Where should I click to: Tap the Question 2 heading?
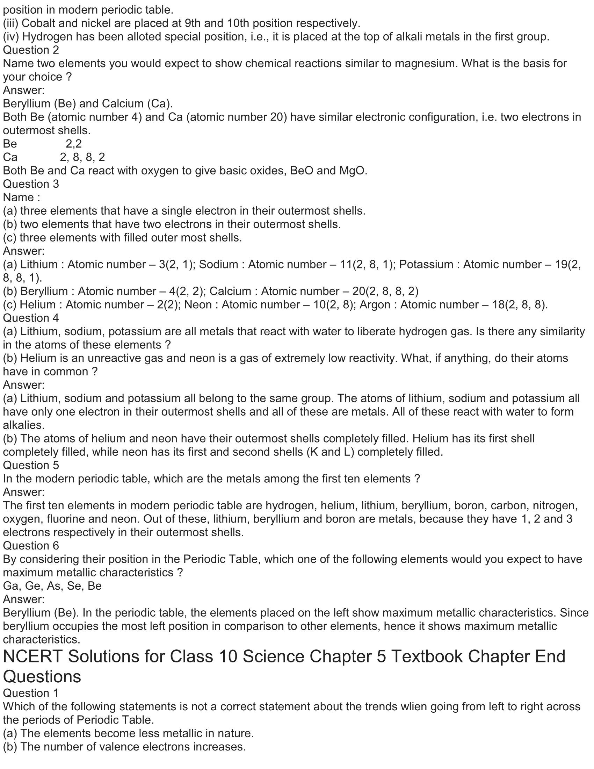tap(31, 50)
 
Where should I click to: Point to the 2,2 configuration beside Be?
tap(73, 144)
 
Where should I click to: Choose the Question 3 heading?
tap(31, 184)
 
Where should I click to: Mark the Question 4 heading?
tap(31, 318)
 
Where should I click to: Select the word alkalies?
tap(23, 425)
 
